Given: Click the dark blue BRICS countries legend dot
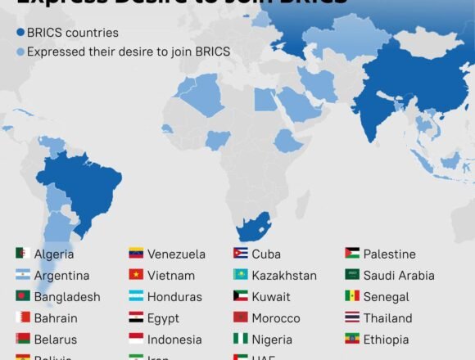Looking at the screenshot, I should pyautogui.click(x=20, y=34).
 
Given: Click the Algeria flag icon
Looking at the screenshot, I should pyautogui.click(x=22, y=254).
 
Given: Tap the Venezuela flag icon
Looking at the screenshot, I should pyautogui.click(x=135, y=254).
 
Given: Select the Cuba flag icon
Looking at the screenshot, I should pyautogui.click(x=241, y=254).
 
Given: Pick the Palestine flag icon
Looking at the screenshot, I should pyautogui.click(x=352, y=254).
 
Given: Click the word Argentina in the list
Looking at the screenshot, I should pyautogui.click(x=61, y=276).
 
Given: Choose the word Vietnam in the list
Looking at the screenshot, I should pyautogui.click(x=171, y=276).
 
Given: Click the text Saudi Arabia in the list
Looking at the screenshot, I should pyautogui.click(x=399, y=276).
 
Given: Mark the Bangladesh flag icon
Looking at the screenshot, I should pyautogui.click(x=22, y=296).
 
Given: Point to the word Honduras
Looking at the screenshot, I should pyautogui.click(x=174, y=297).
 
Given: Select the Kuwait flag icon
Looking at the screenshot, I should pyautogui.click(x=241, y=296).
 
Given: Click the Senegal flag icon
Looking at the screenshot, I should pyautogui.click(x=352, y=296).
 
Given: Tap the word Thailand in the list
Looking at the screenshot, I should pyautogui.click(x=389, y=318).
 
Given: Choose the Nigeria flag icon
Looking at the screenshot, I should pyautogui.click(x=241, y=339).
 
